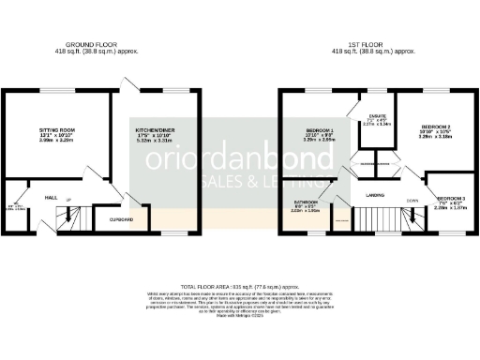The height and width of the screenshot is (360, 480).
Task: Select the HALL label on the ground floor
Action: [x=52, y=197]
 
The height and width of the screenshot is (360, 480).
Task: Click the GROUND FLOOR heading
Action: [x=97, y=43]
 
